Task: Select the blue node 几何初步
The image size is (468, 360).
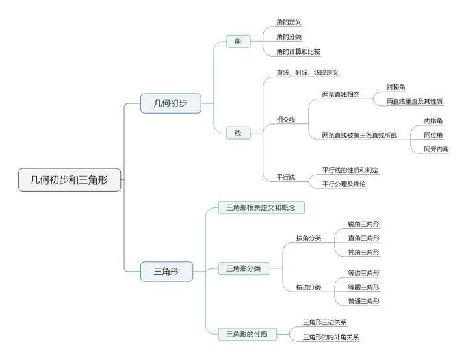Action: point(170,103)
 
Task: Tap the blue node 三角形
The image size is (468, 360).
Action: point(166,271)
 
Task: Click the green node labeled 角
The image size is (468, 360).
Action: point(238,42)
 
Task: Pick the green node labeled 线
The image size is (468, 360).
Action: point(238,133)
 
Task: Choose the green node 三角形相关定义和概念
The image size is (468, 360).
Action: point(261,207)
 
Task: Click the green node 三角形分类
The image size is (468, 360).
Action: point(243,268)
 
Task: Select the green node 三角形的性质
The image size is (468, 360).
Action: point(247,334)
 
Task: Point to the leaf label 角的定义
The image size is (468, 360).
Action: point(289,22)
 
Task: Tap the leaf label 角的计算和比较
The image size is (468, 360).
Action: point(298,51)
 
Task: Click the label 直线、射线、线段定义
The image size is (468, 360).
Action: point(307,73)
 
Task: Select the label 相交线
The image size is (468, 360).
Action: point(286,120)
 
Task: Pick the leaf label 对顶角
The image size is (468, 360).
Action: point(396,87)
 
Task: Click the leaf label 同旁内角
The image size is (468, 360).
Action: point(436,149)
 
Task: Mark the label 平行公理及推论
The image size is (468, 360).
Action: point(344,184)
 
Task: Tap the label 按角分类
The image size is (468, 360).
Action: point(309,238)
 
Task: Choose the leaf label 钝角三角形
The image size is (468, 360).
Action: point(363,252)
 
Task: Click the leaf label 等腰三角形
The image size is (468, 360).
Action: point(363,287)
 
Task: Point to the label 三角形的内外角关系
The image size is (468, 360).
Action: point(331,337)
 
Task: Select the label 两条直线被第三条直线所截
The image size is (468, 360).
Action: point(359,135)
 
